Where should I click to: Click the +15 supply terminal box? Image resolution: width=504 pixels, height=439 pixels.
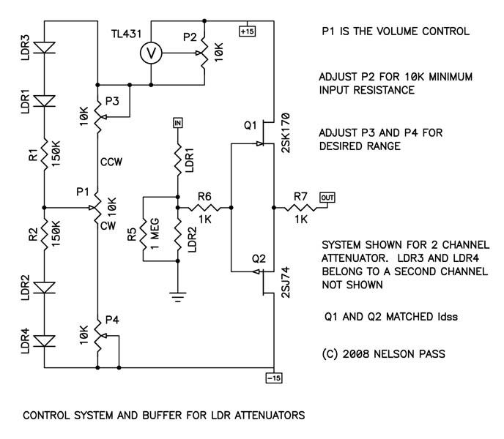(247, 31)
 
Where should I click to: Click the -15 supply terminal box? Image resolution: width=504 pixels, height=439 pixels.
(274, 378)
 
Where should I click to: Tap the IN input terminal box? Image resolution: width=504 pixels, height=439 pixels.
(178, 123)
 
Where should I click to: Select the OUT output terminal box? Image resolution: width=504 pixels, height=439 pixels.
(327, 198)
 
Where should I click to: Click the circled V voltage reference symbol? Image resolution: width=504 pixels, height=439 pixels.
(151, 53)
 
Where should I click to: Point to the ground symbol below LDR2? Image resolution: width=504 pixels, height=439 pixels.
(178, 297)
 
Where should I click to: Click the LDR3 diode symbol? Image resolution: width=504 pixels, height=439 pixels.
(45, 48)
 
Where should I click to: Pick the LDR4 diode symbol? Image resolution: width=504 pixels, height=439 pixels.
(45, 341)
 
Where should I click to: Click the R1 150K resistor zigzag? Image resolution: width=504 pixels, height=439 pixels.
(45, 154)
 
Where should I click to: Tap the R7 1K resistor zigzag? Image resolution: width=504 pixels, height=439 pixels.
(300, 208)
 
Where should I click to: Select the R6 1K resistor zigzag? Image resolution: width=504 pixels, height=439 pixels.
(204, 208)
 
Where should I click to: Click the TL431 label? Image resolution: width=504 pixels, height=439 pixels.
(126, 34)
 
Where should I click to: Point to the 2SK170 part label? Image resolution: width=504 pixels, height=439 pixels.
(286, 132)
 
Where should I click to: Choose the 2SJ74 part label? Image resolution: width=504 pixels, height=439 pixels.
(286, 282)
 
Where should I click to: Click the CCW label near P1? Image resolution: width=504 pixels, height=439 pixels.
(111, 162)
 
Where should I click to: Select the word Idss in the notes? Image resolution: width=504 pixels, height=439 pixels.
(447, 317)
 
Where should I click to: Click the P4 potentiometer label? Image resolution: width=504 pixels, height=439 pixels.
(113, 320)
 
